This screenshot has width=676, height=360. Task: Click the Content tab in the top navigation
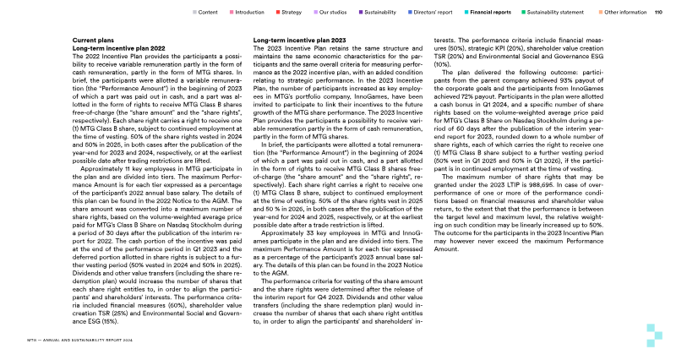[208, 13]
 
